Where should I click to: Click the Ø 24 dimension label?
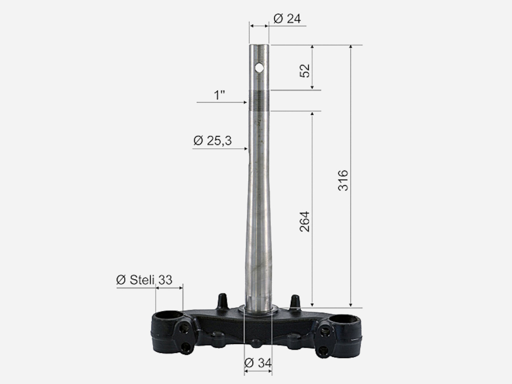coord(287,18)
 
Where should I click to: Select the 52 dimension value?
coord(304,71)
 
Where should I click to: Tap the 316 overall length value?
coord(343,180)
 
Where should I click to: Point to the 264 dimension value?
coord(304,222)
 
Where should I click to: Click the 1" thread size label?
coord(220,95)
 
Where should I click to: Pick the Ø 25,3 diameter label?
coord(212,141)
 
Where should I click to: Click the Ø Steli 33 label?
coord(144,280)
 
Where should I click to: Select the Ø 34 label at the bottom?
coord(258,362)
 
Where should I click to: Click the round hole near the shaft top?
coord(259,68)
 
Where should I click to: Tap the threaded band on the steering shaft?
coord(259,100)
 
